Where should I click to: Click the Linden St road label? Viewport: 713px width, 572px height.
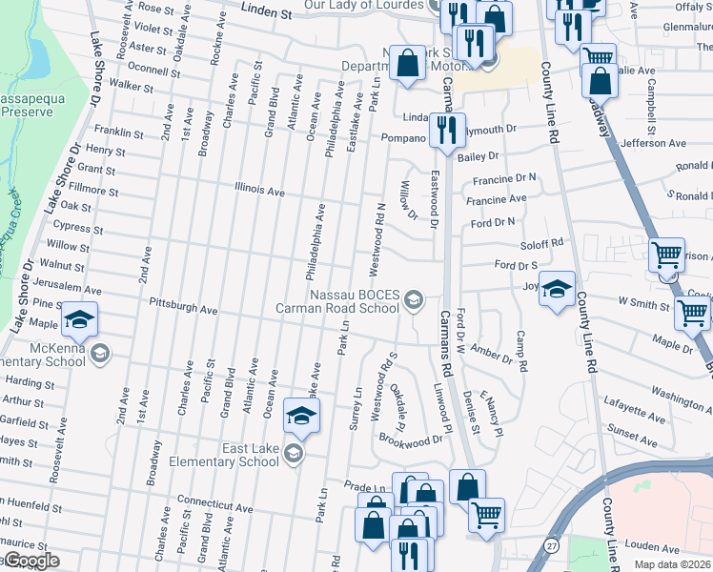coord(265,14)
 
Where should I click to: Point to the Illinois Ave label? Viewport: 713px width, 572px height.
coord(260,192)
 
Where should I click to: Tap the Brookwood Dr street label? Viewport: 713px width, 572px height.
coord(412,440)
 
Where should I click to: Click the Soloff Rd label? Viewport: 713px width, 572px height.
coord(542,243)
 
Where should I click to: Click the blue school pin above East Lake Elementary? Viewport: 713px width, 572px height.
coord(301,417)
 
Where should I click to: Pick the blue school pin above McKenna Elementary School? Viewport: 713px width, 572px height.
coord(80,319)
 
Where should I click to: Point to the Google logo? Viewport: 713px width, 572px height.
coord(31,562)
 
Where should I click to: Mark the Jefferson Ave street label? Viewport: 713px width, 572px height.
coord(653,143)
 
